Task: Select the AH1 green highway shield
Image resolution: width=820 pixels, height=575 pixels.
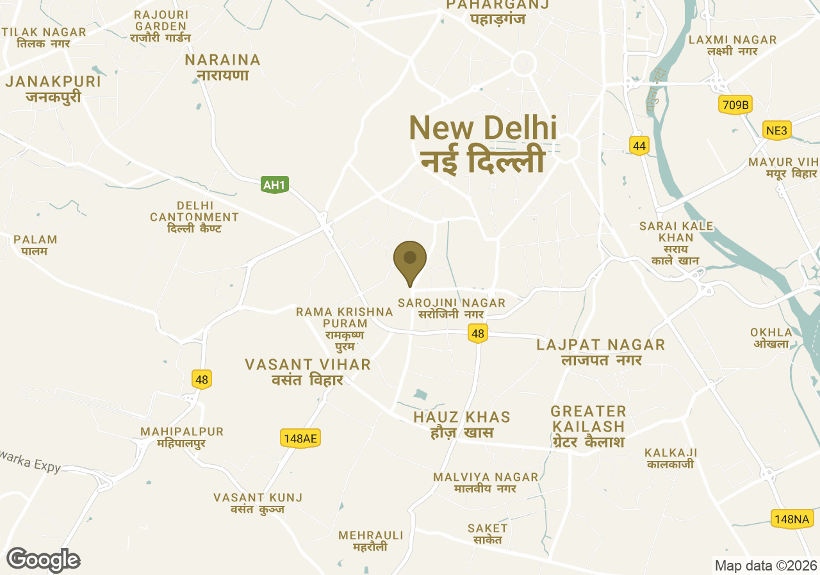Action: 275,185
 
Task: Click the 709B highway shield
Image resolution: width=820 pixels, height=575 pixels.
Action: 735,105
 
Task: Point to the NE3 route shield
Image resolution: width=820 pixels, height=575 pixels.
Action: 776,131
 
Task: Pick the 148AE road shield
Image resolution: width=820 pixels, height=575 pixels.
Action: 300,439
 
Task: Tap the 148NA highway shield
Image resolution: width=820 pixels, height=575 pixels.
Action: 792,519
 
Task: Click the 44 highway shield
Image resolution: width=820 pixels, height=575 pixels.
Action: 639,146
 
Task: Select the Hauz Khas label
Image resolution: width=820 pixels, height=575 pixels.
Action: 461,425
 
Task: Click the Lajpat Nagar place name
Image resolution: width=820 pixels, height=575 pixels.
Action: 601,352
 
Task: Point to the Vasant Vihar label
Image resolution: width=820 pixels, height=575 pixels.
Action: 307,372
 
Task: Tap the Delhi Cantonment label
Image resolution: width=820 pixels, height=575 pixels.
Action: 194,217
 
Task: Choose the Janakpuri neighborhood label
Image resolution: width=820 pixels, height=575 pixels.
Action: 53,89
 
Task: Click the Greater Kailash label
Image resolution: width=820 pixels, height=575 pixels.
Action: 587,426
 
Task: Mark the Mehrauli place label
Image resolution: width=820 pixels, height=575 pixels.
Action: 371,540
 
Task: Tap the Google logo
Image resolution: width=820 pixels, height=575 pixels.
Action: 43,560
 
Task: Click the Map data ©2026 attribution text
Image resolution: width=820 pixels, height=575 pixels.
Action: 766,565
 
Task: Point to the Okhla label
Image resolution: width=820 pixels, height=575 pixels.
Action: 771,337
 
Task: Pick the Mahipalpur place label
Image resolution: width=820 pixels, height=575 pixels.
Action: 182,437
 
